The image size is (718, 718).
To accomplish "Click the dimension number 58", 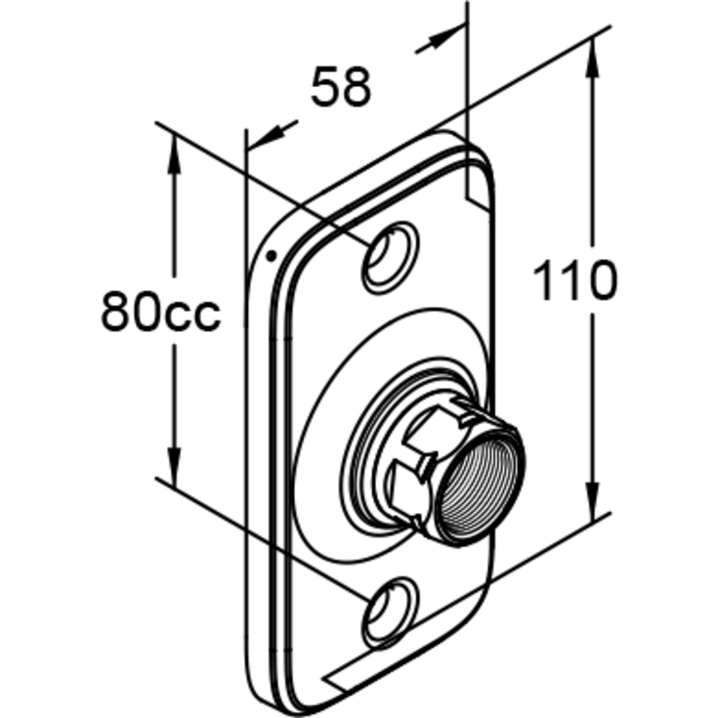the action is pos(341,87).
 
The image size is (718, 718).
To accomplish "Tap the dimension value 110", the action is pos(575,280).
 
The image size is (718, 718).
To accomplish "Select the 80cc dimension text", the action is pos(161,310).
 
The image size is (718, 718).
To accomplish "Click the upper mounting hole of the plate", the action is pos(390,258).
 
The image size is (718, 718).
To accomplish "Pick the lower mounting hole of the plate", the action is pos(390,613).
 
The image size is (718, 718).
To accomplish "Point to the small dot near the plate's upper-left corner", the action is pos(272,256).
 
